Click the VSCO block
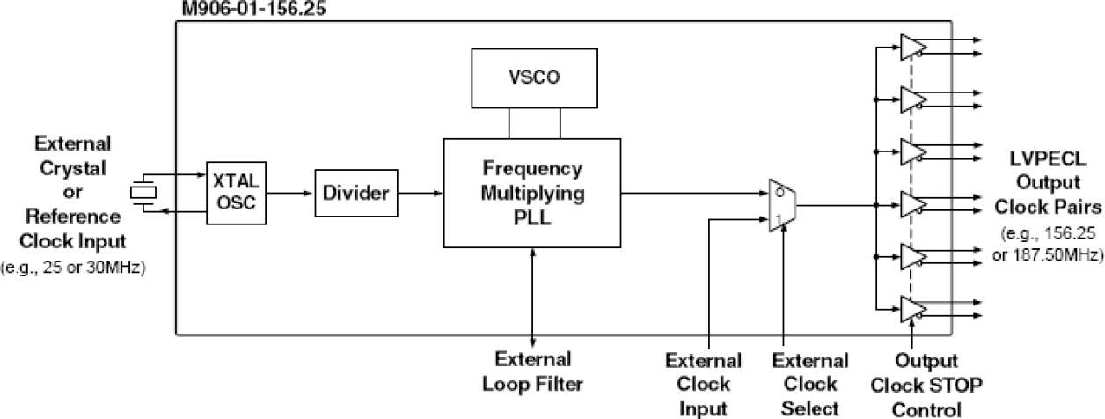coord(533,77)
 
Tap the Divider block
coord(356,192)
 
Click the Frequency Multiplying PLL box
coord(532,192)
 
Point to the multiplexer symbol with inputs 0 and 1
coord(781,206)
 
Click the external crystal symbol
coord(143,192)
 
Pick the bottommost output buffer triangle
coord(911,309)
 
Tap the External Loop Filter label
coord(533,371)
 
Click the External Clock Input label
coord(703,384)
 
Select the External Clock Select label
coord(810,384)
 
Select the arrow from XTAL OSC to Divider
coord(290,192)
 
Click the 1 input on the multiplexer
coord(775,218)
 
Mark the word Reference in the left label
coord(72,217)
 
